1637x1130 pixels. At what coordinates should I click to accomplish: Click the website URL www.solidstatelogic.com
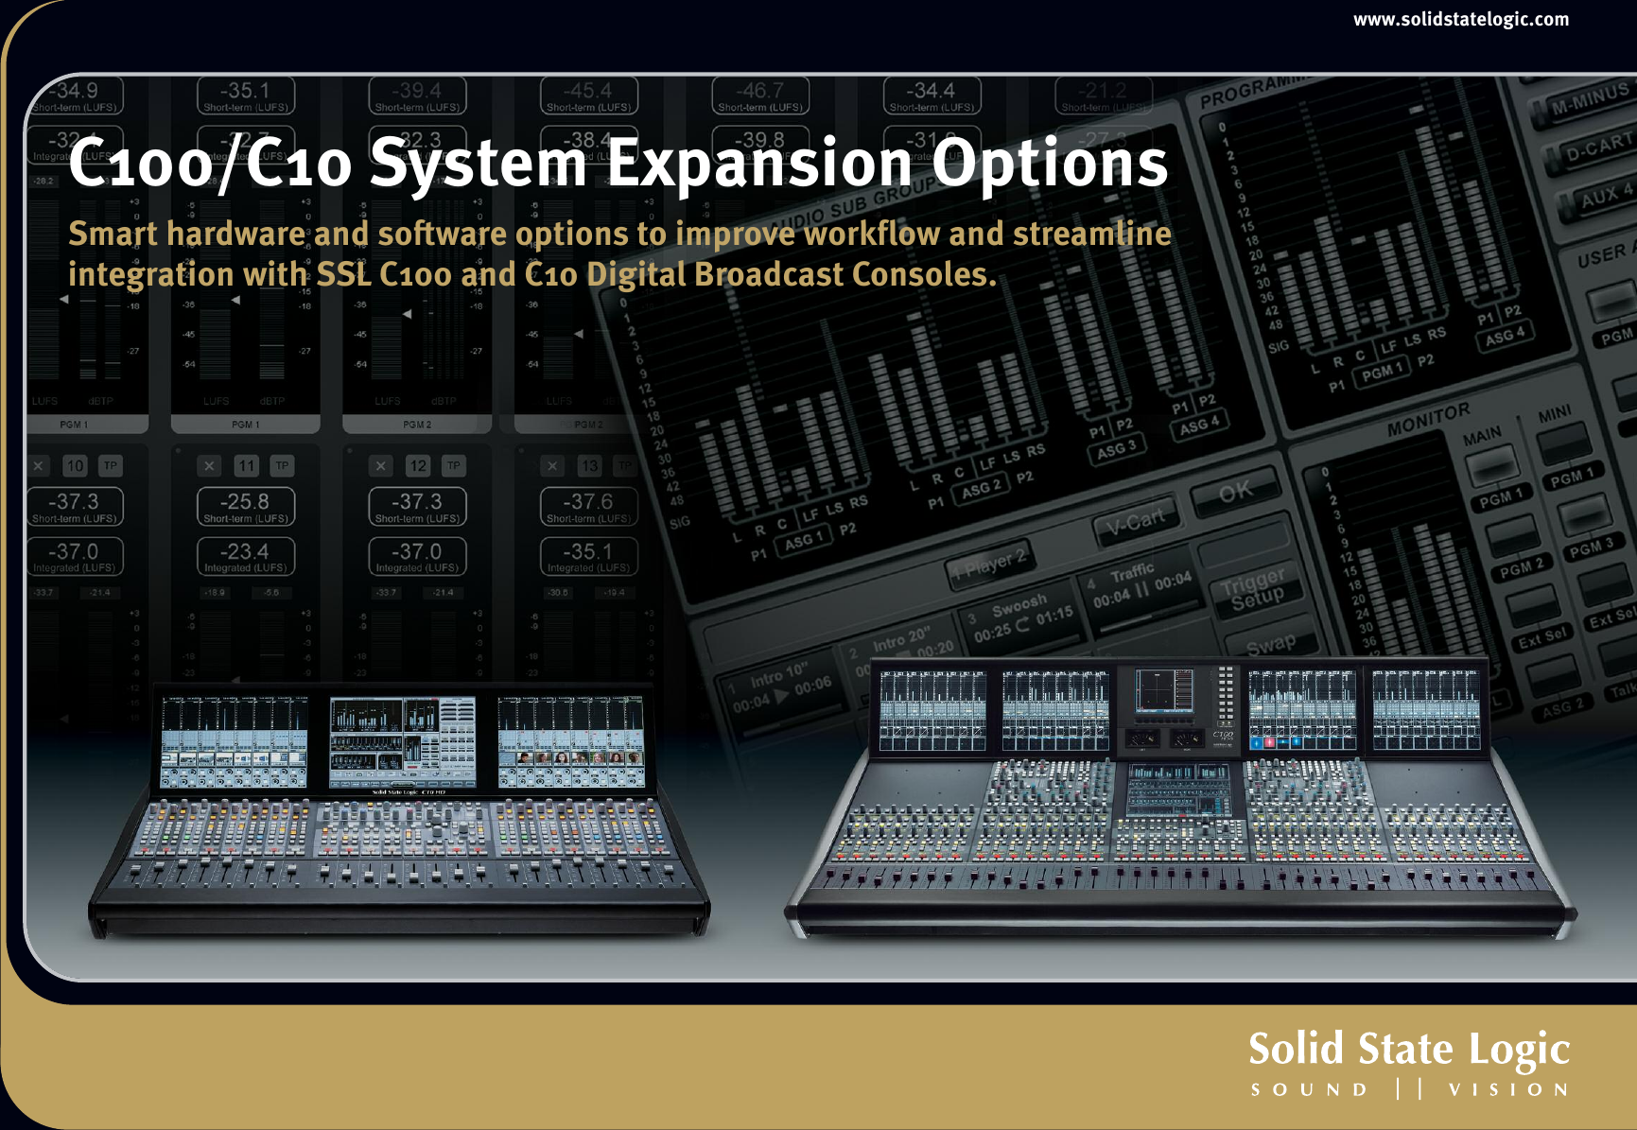[x=1460, y=19]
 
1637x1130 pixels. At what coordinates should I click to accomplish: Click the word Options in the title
[x=1050, y=163]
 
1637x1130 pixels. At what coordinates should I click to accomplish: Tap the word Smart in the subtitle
[x=113, y=234]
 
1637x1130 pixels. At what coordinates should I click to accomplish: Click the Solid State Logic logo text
[x=1408, y=1049]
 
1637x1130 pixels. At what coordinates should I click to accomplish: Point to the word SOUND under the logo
[x=1309, y=1090]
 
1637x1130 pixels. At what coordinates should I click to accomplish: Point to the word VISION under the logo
[x=1508, y=1090]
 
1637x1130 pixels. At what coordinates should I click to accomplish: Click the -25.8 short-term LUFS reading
[x=245, y=502]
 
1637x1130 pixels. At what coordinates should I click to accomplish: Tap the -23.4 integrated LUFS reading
[x=245, y=551]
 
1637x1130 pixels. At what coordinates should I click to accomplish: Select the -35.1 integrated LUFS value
[x=588, y=551]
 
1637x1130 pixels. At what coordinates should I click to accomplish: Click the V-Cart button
[x=1135, y=520]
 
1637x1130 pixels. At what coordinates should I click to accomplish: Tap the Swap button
[x=1270, y=645]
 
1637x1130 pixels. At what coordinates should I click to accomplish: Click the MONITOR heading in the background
[x=1428, y=419]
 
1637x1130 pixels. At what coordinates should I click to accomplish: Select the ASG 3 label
[x=1117, y=449]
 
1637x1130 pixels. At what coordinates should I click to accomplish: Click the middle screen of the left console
[x=402, y=741]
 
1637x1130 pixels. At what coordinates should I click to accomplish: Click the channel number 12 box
[x=417, y=466]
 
